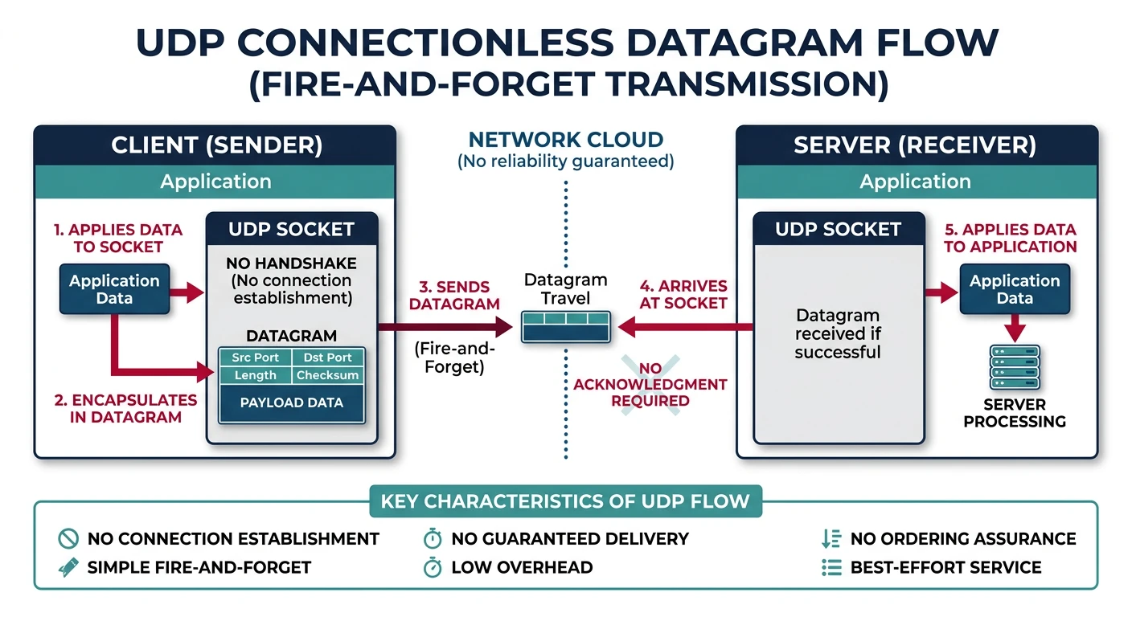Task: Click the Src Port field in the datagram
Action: click(255, 358)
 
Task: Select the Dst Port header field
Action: click(327, 358)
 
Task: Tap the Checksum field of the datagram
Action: click(327, 375)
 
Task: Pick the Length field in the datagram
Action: click(255, 375)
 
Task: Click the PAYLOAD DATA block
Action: click(291, 402)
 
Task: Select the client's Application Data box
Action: click(114, 289)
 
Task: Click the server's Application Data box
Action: click(1015, 289)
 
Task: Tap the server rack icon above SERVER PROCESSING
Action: click(1015, 366)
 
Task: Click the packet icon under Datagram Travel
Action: click(565, 327)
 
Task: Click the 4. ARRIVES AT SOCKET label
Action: click(683, 294)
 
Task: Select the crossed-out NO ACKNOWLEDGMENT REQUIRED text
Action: click(650, 385)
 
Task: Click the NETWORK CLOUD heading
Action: click(565, 140)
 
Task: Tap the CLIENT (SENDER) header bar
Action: click(215, 145)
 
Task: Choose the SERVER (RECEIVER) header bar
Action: click(916, 145)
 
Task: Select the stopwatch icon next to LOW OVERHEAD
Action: click(433, 567)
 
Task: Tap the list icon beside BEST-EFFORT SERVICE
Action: click(831, 567)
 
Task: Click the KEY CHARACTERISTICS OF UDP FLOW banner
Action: click(565, 502)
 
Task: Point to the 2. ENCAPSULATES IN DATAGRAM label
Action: click(125, 408)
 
